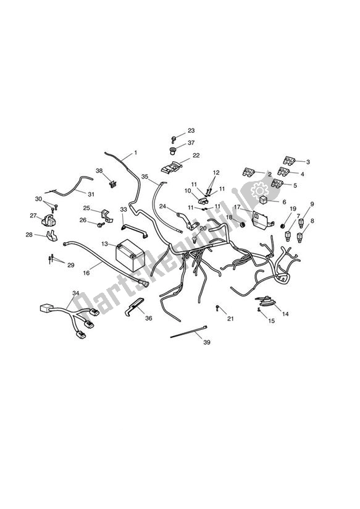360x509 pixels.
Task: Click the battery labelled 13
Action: coord(130,254)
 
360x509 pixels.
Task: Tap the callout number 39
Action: coord(207,342)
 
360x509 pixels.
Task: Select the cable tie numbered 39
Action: coord(188,332)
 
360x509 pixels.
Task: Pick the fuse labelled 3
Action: coord(289,160)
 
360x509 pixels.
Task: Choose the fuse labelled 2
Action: coord(249,172)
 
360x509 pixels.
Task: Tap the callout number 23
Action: coord(191,130)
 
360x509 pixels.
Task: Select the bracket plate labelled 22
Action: coord(170,167)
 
